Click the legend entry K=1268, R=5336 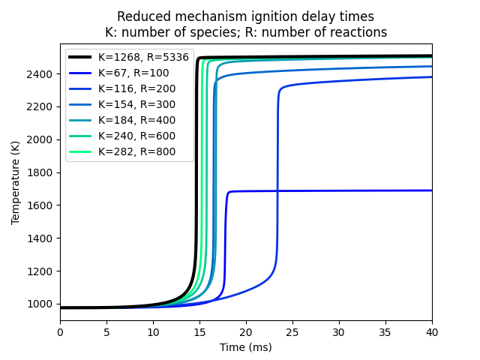143,57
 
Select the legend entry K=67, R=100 133,73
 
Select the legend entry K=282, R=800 136,151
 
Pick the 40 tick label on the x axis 432,332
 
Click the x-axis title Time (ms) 246,347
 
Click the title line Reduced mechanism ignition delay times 246,16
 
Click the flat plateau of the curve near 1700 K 330,190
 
